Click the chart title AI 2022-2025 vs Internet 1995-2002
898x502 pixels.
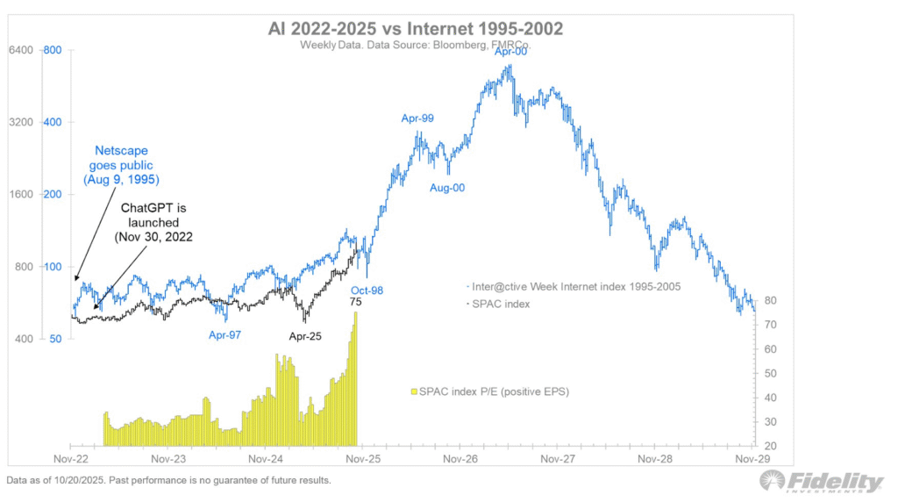click(x=416, y=29)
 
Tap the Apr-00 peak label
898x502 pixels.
click(x=511, y=52)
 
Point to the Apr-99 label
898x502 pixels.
click(x=417, y=118)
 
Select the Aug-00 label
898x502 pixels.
click(x=447, y=189)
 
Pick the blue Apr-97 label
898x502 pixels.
click(x=225, y=334)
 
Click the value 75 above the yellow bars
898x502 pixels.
click(x=356, y=302)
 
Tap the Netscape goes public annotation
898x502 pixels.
click(x=124, y=165)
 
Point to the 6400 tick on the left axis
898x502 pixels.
click(x=21, y=50)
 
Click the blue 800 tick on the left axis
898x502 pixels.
click(x=52, y=50)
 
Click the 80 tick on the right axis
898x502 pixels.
click(x=770, y=300)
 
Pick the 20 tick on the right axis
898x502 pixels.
click(x=770, y=446)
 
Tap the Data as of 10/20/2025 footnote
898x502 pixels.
click(x=168, y=481)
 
